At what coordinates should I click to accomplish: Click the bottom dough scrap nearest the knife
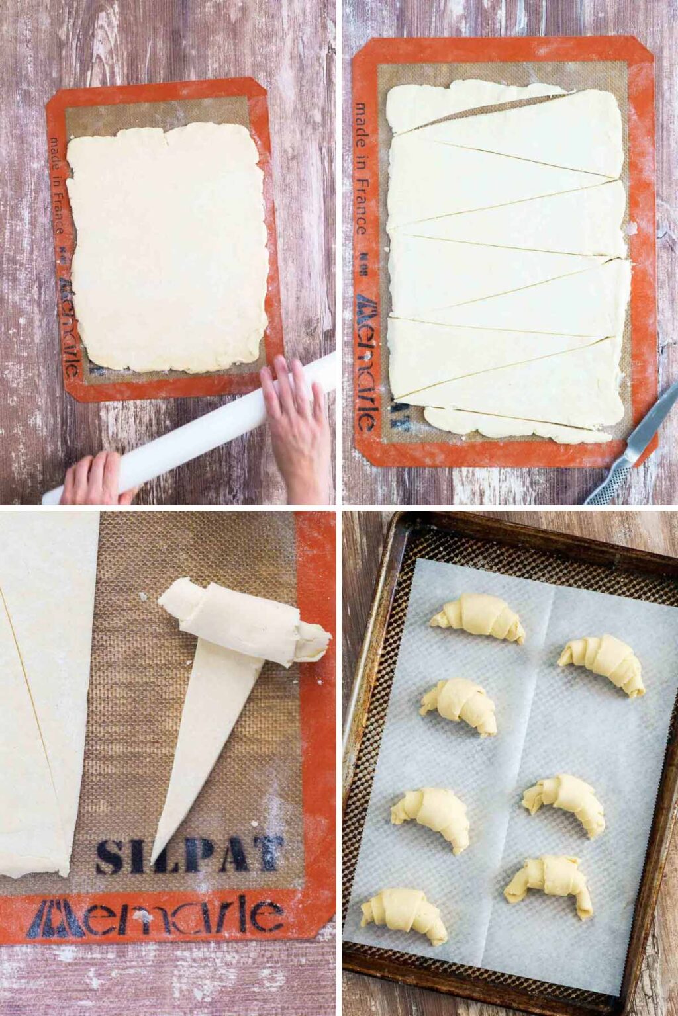(x=516, y=427)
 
